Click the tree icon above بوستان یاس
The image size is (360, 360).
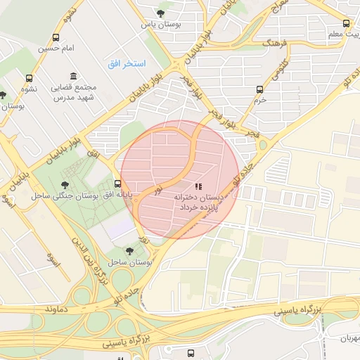(162, 13)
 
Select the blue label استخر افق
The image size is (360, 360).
(127, 64)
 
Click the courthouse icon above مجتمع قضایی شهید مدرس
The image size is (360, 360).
(73, 77)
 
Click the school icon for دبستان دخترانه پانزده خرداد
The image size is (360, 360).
(199, 186)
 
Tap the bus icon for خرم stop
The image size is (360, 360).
(260, 89)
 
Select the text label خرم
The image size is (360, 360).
(260, 101)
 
